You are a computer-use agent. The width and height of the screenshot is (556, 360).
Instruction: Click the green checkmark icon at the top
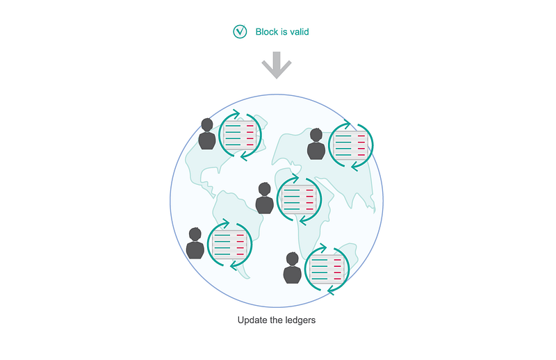click(240, 31)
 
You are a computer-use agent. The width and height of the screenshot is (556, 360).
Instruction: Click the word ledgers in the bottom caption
click(303, 321)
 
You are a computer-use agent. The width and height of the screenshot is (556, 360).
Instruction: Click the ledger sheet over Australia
click(326, 269)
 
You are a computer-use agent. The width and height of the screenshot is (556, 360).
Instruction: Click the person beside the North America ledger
click(207, 134)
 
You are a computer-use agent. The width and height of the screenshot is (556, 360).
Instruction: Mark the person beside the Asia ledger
click(316, 145)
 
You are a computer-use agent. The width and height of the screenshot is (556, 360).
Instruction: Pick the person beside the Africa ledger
click(265, 199)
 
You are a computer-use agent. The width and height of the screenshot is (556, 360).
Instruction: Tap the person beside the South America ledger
click(196, 244)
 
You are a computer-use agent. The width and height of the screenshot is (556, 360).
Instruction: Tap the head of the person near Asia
click(316, 135)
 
